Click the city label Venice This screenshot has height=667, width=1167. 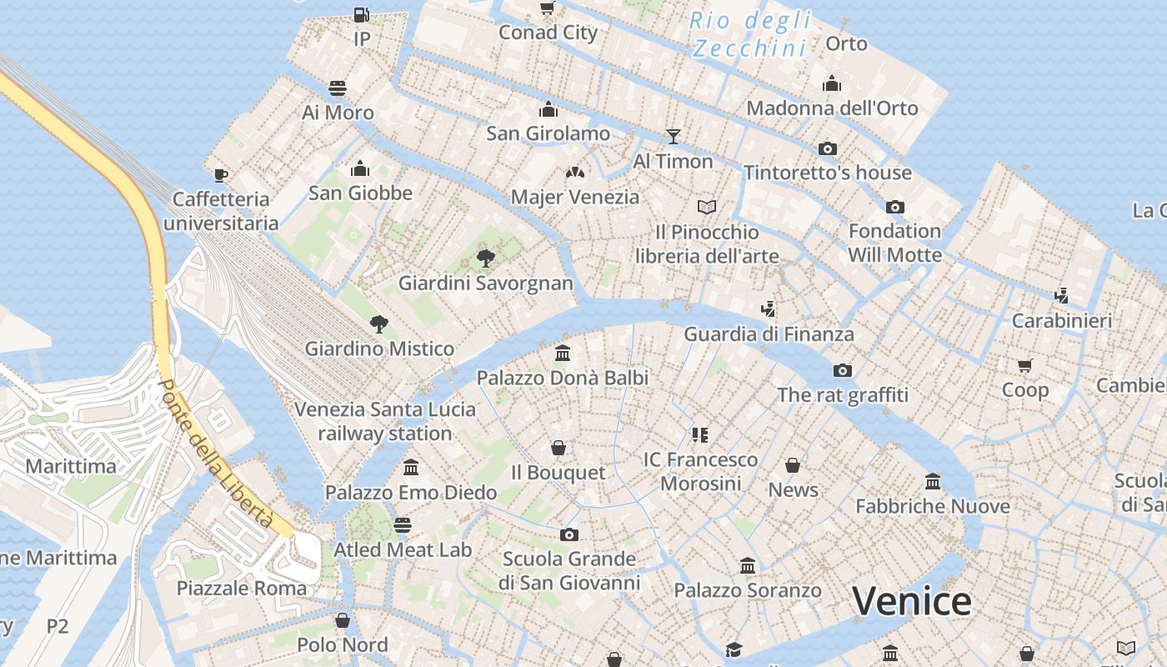[912, 601]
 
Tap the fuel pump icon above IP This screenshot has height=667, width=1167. [361, 14]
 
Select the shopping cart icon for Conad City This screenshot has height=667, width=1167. [548, 8]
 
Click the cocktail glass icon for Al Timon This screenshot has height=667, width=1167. [674, 136]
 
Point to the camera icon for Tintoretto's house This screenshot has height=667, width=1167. [828, 148]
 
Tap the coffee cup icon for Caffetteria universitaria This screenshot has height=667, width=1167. [221, 174]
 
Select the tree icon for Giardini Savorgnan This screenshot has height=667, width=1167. [485, 258]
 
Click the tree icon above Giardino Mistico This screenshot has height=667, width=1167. [379, 323]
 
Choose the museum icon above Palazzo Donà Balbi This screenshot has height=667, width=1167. [563, 353]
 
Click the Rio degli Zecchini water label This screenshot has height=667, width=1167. [749, 34]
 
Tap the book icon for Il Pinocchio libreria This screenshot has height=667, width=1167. [707, 206]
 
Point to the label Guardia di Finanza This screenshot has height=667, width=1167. [769, 334]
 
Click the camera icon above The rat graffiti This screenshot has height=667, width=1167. [843, 370]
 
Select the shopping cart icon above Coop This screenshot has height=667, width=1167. [1025, 365]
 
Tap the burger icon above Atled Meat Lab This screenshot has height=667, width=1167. [403, 524]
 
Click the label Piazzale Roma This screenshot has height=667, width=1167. [242, 589]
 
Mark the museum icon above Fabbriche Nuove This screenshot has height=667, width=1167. [933, 481]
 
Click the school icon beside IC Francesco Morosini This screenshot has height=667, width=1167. [699, 434]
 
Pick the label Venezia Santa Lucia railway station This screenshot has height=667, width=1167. [385, 421]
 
